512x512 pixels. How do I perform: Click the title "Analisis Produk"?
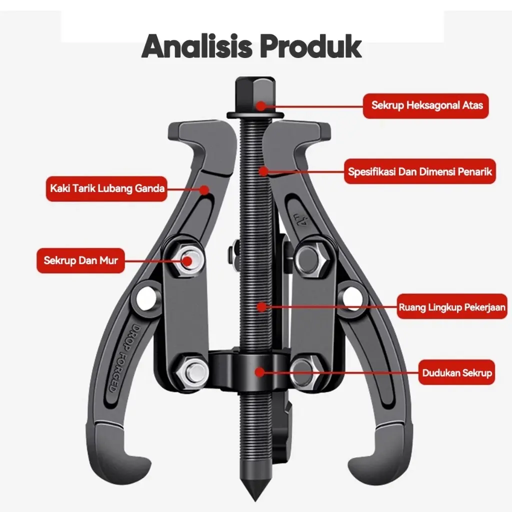point(251,46)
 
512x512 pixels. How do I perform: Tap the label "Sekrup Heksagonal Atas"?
point(426,106)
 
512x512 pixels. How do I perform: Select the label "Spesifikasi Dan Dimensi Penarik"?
point(420,171)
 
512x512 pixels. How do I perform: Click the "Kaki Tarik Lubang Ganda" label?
point(107,188)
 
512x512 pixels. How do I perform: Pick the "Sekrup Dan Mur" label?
point(80,260)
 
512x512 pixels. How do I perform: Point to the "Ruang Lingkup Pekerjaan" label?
point(452,307)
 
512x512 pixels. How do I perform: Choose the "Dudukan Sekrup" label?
point(457,372)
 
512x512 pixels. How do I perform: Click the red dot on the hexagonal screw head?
point(261,106)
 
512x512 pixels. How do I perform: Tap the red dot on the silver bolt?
point(187,261)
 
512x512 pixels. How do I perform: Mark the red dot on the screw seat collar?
point(259,372)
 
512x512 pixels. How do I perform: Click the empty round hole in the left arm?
point(145,298)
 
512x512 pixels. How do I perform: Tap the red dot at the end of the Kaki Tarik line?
point(204,189)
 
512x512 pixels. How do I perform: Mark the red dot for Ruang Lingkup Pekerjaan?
point(261,306)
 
